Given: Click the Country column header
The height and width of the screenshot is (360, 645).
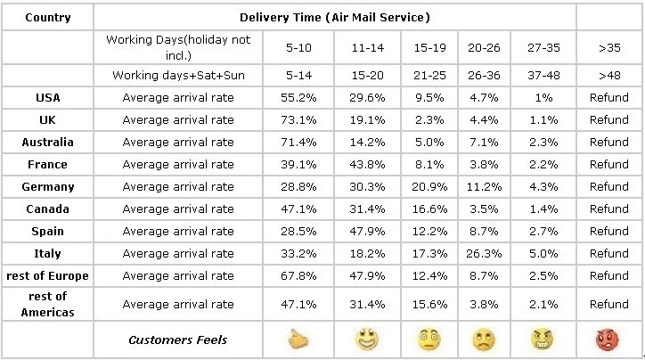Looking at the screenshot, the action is (48, 18).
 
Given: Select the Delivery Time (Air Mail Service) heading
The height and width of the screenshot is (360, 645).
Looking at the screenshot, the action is (335, 17).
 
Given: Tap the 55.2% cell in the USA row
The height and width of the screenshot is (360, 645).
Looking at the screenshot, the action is (298, 97).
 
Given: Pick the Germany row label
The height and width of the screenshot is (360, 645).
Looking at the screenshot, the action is (48, 187).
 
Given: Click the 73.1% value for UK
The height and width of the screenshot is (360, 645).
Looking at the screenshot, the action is (298, 119).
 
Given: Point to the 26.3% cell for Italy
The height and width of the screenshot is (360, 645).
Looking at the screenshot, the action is (484, 253).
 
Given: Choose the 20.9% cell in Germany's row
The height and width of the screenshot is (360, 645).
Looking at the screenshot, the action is (429, 187).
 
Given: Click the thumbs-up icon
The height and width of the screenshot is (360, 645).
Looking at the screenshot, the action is (298, 340).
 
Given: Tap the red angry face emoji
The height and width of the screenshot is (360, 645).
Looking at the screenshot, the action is (608, 340).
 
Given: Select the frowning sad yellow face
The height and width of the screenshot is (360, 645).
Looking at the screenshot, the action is (484, 340).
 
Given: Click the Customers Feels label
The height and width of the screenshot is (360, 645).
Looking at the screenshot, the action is (177, 340).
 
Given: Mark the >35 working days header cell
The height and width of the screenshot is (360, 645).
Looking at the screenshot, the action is (609, 48).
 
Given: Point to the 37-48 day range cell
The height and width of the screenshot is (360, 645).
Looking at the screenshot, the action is (543, 75).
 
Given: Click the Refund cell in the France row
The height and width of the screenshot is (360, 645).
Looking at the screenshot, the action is (609, 165).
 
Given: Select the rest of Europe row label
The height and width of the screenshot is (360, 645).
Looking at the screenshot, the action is (48, 275).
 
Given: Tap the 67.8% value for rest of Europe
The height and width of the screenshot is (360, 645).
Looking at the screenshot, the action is (298, 275).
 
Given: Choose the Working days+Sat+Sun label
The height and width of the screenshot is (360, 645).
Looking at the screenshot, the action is (178, 75).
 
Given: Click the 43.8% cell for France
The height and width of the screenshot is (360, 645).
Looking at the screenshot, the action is (367, 165).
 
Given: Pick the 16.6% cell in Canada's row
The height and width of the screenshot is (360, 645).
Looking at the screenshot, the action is (429, 209).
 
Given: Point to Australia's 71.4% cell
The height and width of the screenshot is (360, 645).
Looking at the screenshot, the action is (298, 142).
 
